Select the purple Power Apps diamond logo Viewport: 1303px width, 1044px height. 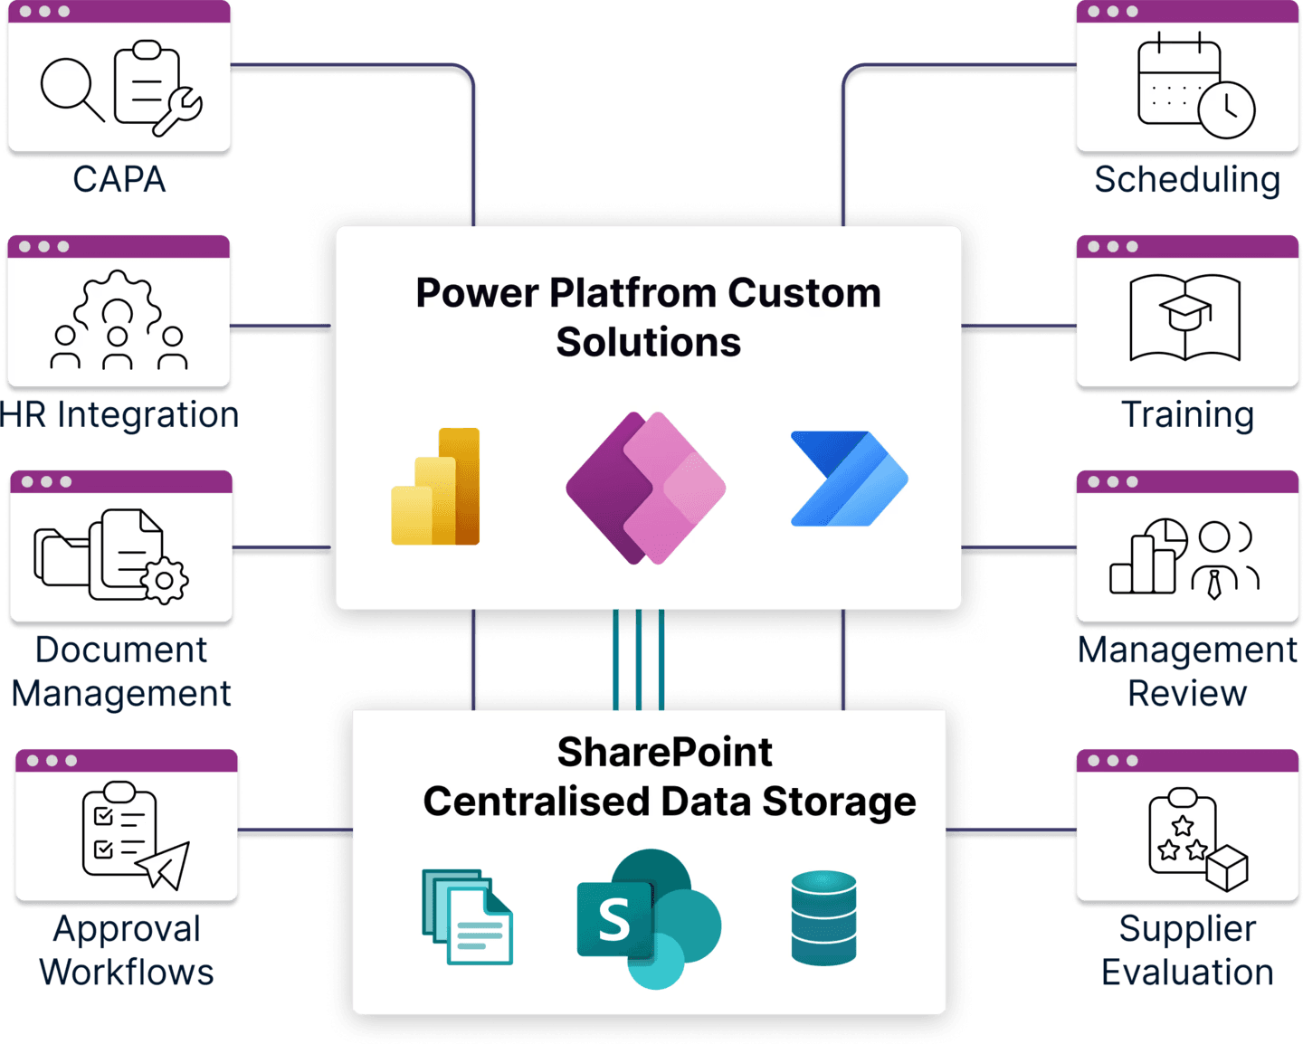pyautogui.click(x=645, y=488)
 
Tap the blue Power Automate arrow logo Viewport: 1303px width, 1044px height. pyautogui.click(x=849, y=479)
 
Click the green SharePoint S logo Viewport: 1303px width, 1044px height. pyautogui.click(x=648, y=918)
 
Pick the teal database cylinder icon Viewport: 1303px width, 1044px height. pyautogui.click(x=823, y=918)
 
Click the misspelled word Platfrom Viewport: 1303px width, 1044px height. pyautogui.click(x=632, y=293)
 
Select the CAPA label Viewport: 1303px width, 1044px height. pyautogui.click(x=119, y=179)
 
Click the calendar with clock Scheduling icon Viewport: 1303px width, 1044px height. pyautogui.click(x=1194, y=86)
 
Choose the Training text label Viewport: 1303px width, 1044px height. pyautogui.click(x=1187, y=414)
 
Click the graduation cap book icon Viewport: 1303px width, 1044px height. pyautogui.click(x=1184, y=318)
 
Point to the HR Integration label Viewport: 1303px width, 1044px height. pyautogui.click(x=119, y=414)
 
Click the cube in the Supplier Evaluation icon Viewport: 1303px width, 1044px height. pyautogui.click(x=1227, y=868)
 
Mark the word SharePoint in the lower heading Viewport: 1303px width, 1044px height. pyautogui.click(x=664, y=752)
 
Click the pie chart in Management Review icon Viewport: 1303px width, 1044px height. pyautogui.click(x=1165, y=539)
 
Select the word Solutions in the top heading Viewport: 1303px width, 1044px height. pyautogui.click(x=648, y=342)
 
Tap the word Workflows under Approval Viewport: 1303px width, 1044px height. pyautogui.click(x=127, y=973)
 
